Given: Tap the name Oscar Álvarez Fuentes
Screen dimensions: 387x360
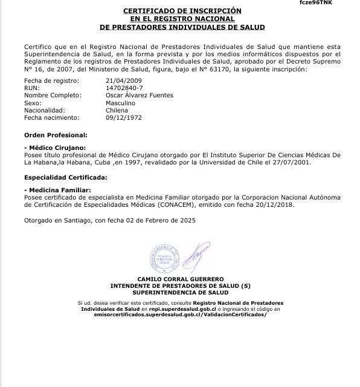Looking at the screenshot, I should (139, 96).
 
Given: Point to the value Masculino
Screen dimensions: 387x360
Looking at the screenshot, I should (120, 103).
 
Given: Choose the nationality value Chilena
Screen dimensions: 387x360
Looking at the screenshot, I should (117, 111).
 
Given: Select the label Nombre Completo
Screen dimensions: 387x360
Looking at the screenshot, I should (52, 96).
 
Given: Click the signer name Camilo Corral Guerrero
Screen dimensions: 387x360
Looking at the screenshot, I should (181, 279).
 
